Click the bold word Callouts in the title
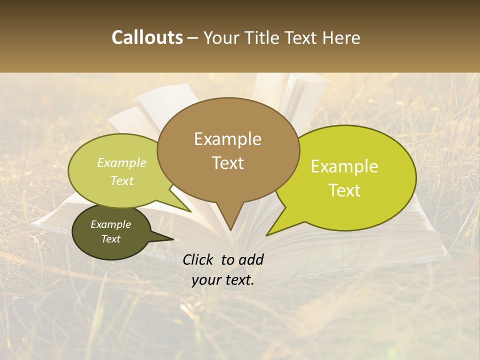(147, 37)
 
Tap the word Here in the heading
(341, 37)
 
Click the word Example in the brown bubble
(227, 139)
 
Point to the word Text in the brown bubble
(228, 163)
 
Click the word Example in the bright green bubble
(344, 166)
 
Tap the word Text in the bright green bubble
(345, 190)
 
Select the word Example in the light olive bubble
(122, 163)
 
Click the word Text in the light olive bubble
(122, 180)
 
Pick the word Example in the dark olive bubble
(111, 224)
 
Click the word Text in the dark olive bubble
(111, 239)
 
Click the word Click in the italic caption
(198, 259)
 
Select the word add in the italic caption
(251, 259)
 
